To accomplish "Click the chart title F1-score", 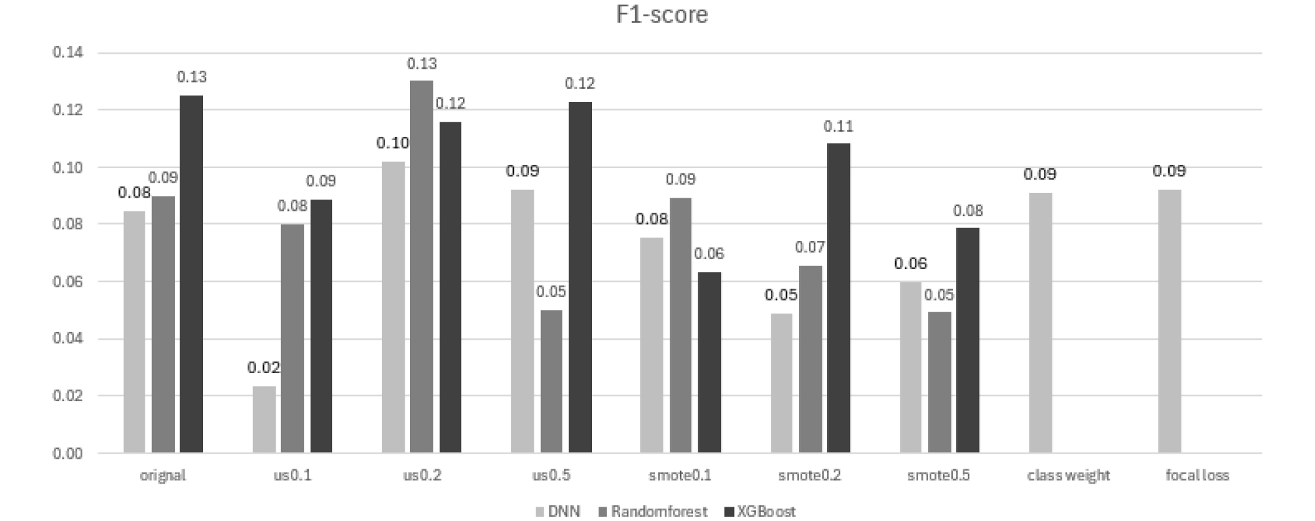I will [661, 14].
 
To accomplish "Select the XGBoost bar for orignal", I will [191, 275].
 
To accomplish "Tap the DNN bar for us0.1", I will [264, 420].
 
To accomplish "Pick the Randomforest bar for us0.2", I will [421, 267].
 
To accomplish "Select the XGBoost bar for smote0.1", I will [709, 363].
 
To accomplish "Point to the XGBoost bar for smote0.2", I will [838, 298].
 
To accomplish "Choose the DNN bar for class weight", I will [1041, 323].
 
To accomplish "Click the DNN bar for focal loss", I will [1170, 322].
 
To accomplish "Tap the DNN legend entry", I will [557, 511].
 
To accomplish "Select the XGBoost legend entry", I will [760, 511].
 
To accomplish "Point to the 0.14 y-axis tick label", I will [68, 52].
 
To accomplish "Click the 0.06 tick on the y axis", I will [68, 281].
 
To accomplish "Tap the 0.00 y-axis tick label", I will [68, 453].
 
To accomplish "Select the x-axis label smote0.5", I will [938, 476].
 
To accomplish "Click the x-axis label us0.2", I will [422, 476].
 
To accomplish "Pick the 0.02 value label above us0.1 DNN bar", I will [264, 368].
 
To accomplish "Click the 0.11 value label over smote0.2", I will [838, 126].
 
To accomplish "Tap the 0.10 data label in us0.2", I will [392, 143].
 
